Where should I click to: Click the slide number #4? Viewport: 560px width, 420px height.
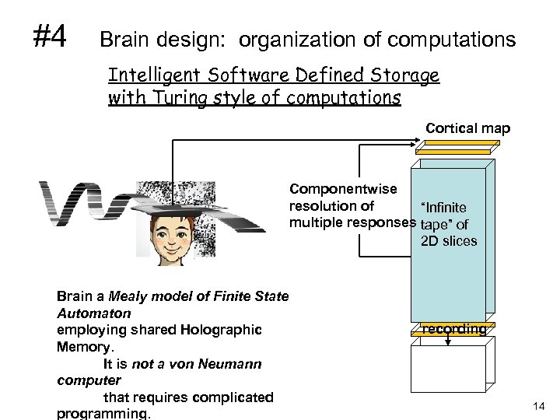coord(50,34)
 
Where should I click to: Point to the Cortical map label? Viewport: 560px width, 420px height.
coord(467,128)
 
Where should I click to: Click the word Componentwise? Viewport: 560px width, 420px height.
coord(343,189)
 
